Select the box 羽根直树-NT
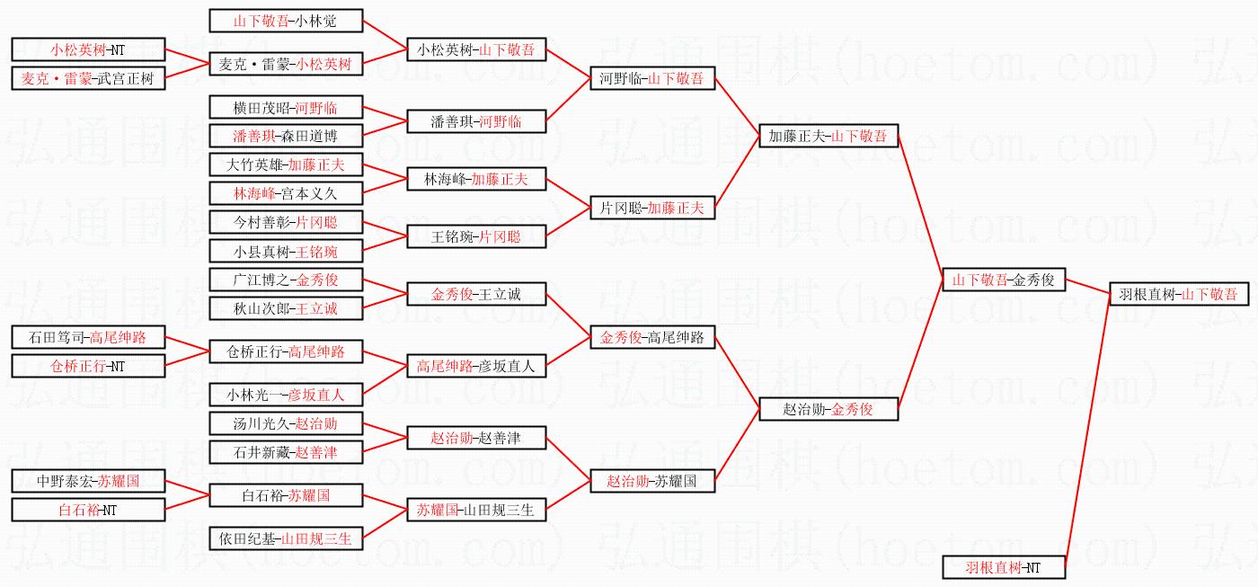coord(1003,567)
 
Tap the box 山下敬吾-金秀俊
coord(1003,280)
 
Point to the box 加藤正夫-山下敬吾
coord(828,136)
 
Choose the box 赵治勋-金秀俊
coord(828,409)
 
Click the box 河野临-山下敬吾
coord(652,78)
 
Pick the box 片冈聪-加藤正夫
coord(652,208)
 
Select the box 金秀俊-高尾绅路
coord(652,337)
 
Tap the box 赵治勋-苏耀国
coord(652,481)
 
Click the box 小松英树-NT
coord(88,49)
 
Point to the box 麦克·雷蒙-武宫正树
coord(88,78)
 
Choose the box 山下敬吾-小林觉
coord(286,21)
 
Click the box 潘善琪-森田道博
coord(286,136)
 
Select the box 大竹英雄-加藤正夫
coord(286,165)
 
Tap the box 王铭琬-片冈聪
coord(476,237)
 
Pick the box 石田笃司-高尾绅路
coord(88,337)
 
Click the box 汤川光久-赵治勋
coord(286,422)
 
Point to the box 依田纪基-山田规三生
coord(286,538)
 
